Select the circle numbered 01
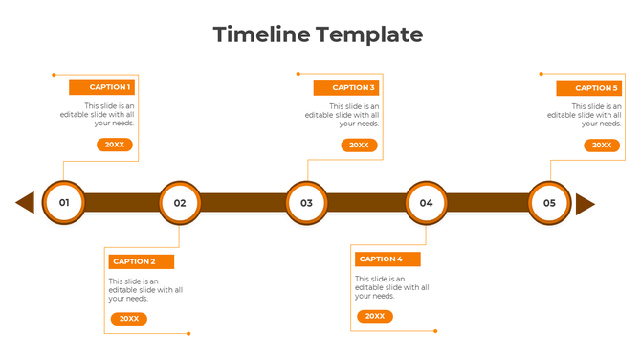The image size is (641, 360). (64, 203)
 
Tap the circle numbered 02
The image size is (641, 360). (180, 203)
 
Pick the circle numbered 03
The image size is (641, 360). (306, 203)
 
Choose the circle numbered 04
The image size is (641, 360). (426, 203)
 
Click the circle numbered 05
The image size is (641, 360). (549, 203)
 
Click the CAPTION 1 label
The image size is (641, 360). (110, 87)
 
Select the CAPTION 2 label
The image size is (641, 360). (133, 261)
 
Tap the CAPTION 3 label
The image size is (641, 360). (353, 87)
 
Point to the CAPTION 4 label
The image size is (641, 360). (380, 259)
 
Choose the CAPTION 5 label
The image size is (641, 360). (595, 88)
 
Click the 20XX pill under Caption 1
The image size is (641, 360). (115, 145)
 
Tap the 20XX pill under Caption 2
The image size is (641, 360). (128, 319)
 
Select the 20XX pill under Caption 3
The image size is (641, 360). (359, 146)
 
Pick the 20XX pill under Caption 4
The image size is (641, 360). (375, 316)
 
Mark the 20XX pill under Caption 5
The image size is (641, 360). (602, 146)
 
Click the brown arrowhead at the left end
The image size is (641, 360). (26, 203)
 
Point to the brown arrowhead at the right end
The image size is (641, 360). (585, 204)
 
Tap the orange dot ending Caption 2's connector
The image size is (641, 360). (188, 333)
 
